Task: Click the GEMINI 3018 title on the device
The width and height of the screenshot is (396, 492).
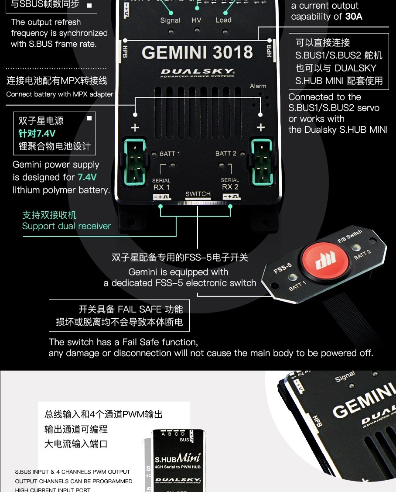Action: click(197, 52)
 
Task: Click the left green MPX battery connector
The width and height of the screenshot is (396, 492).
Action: click(134, 162)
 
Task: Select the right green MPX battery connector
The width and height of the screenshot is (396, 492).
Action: click(261, 162)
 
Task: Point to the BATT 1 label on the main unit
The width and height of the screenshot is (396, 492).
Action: click(170, 154)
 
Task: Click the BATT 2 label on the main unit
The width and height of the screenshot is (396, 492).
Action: click(225, 153)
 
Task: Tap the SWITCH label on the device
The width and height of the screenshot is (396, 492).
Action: click(198, 194)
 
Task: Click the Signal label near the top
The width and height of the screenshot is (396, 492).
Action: click(170, 20)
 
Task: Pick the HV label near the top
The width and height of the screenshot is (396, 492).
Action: click(197, 20)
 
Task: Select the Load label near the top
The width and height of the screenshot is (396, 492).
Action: click(223, 20)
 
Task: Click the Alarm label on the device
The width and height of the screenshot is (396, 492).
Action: click(258, 86)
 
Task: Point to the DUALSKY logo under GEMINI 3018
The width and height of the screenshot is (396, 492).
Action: click(198, 72)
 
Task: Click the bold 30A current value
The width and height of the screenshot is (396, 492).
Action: click(354, 17)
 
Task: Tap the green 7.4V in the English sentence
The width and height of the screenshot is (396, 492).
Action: click(87, 177)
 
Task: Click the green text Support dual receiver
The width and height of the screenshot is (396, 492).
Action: click(66, 226)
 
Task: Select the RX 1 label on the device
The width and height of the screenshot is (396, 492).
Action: click(161, 187)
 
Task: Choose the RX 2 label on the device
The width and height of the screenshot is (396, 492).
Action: click(230, 187)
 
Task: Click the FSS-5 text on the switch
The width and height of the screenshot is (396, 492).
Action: click(282, 268)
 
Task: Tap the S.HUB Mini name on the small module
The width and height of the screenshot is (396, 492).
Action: click(178, 458)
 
